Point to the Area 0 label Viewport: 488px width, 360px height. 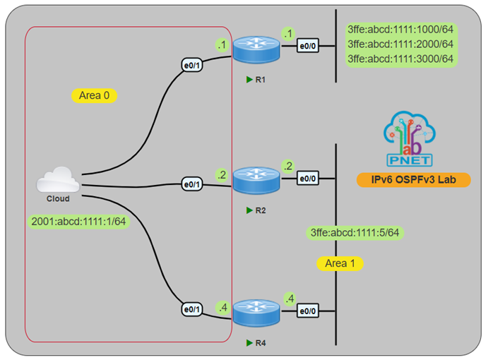pyautogui.click(x=94, y=95)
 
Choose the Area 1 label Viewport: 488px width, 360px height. pyautogui.click(x=340, y=263)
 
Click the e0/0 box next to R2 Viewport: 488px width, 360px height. pyautogui.click(x=307, y=179)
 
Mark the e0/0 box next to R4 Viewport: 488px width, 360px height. pyautogui.click(x=307, y=311)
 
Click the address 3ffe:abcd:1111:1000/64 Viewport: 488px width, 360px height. pyautogui.click(x=400, y=30)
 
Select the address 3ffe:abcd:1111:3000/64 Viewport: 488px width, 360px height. pyautogui.click(x=400, y=58)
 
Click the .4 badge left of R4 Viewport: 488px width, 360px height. pyautogui.click(x=222, y=308)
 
